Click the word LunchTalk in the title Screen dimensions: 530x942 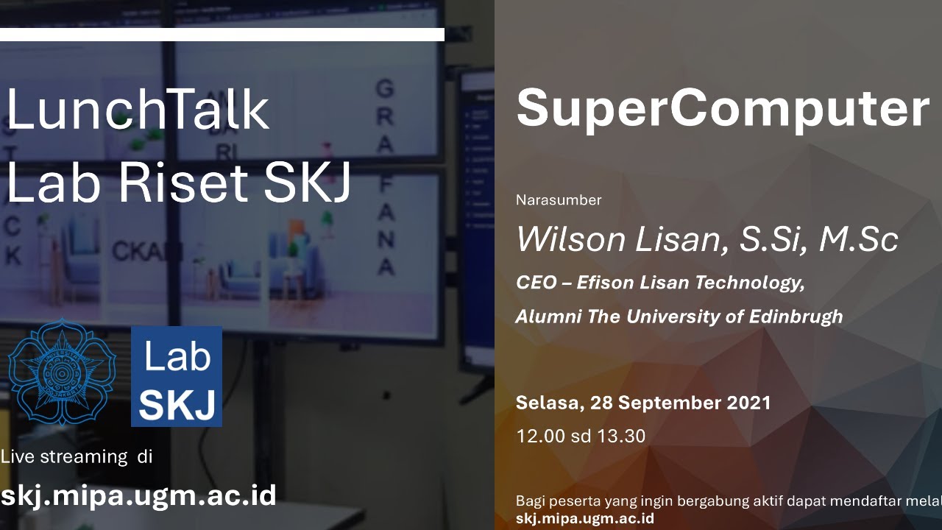coord(138,110)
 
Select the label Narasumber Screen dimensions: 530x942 coord(559,199)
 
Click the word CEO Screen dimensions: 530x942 coord(536,283)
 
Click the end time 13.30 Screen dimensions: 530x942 coord(621,436)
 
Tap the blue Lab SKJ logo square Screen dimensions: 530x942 coord(177,376)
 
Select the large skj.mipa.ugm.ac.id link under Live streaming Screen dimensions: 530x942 coord(138,495)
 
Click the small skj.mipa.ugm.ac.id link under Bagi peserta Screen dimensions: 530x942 coord(585,518)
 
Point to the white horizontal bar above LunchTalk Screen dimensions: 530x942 coord(222,35)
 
